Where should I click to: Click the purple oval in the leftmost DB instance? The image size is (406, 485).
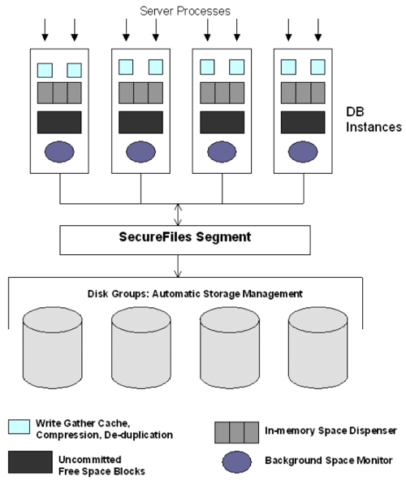click(59, 153)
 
